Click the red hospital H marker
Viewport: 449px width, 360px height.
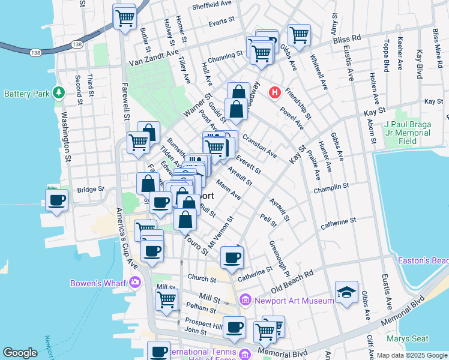(275, 92)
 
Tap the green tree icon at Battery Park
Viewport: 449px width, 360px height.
(59, 92)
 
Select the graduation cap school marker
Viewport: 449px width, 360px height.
(346, 292)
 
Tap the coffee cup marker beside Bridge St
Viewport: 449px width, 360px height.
(57, 200)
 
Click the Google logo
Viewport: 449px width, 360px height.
(20, 353)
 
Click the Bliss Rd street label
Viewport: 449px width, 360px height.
(348, 38)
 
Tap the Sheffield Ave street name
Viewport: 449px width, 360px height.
(212, 6)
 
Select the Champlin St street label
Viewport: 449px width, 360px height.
(331, 188)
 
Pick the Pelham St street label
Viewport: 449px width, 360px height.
(200, 309)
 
